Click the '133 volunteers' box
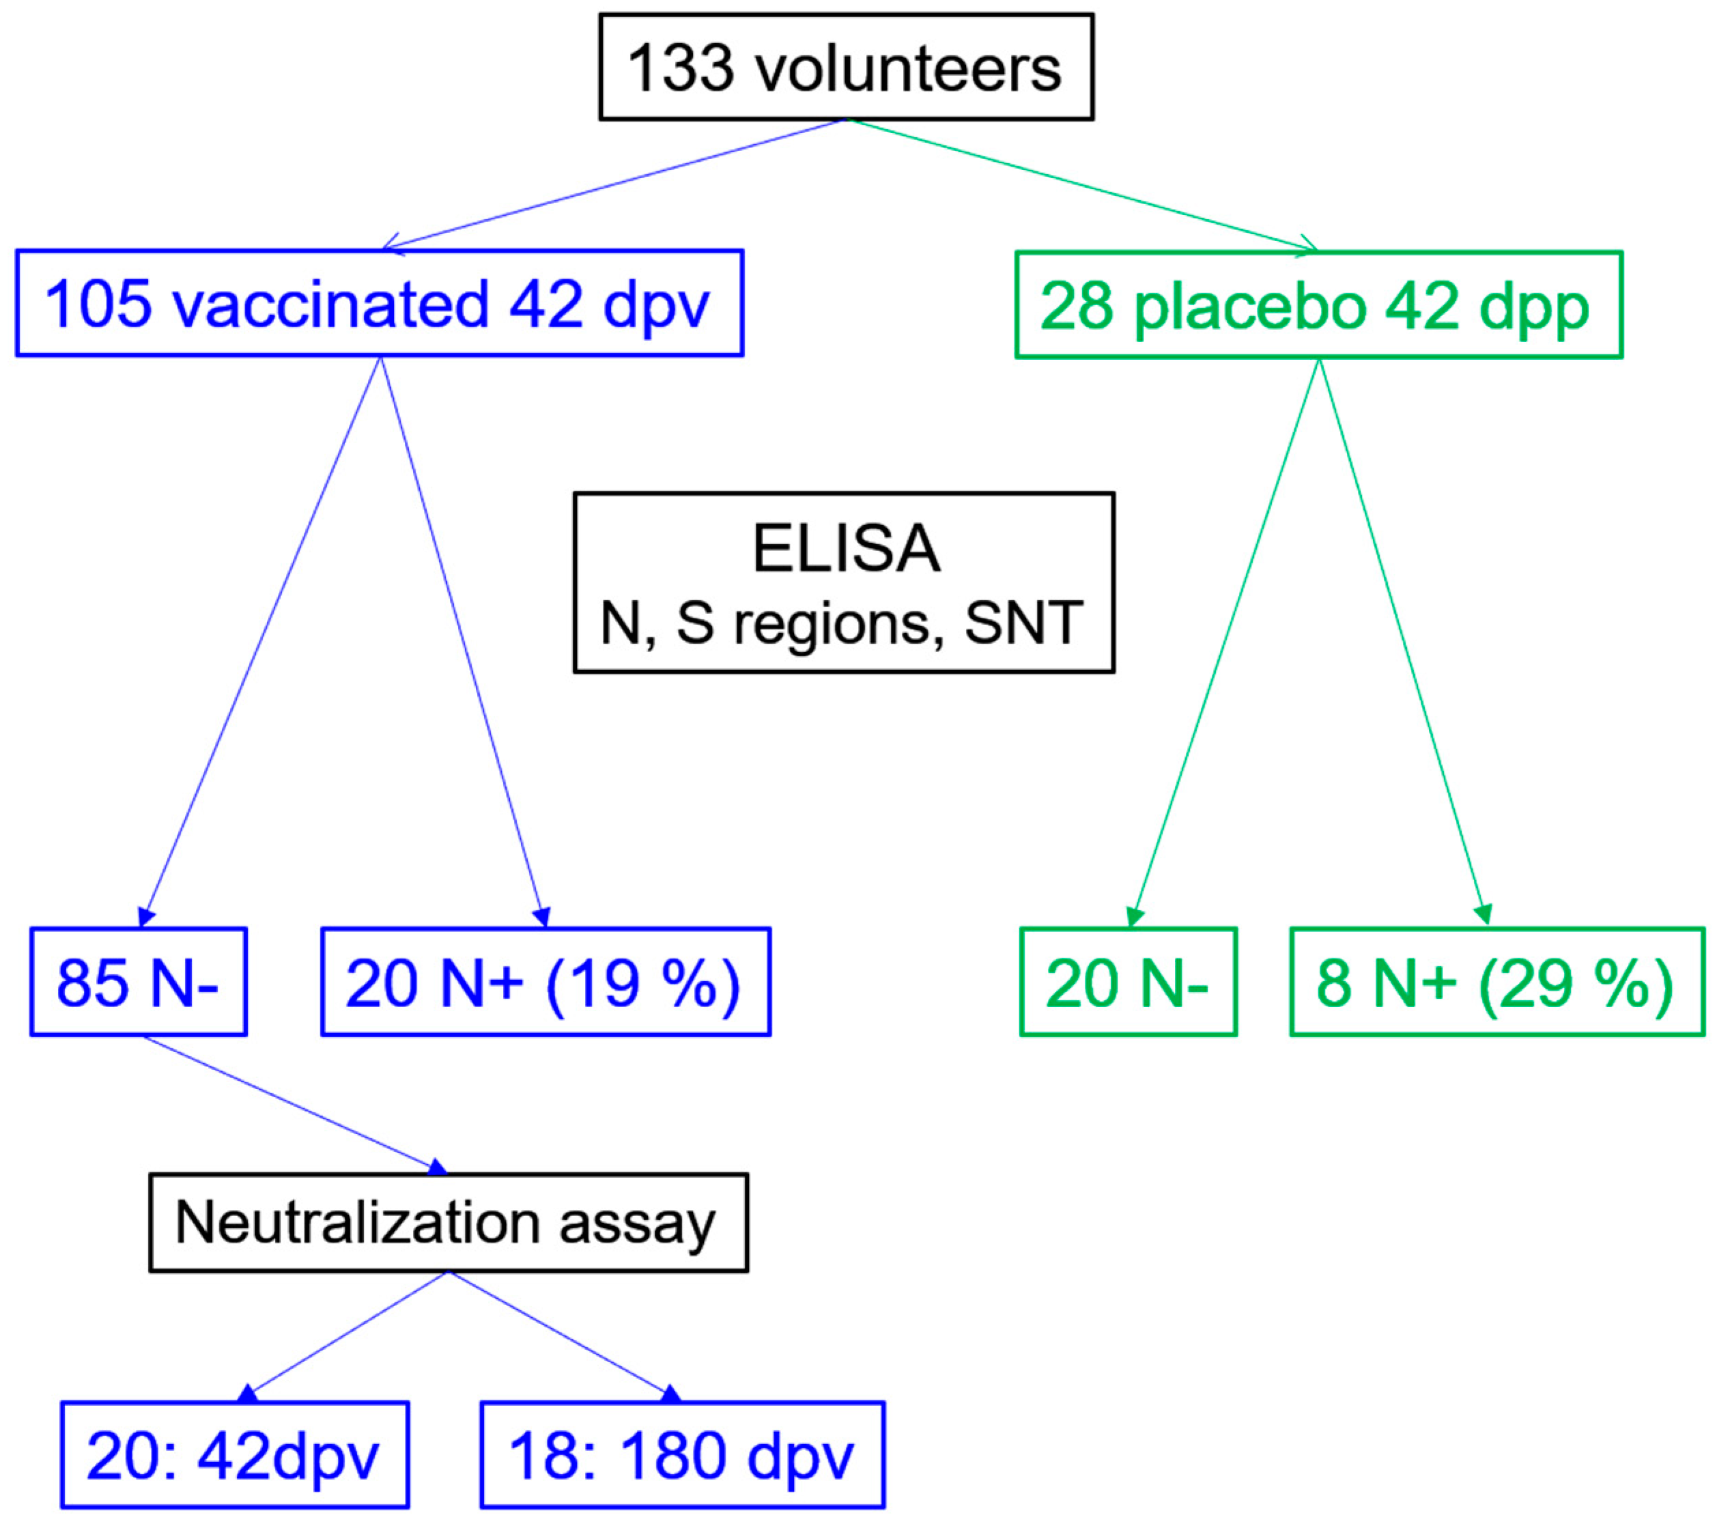(x=845, y=68)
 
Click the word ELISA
(x=845, y=548)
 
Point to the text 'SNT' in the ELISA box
(x=1023, y=623)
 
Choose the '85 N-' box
(x=138, y=982)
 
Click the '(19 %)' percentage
(x=643, y=983)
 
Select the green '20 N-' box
(x=1128, y=982)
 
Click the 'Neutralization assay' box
(x=449, y=1222)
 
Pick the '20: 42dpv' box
(x=235, y=1456)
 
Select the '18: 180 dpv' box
(x=682, y=1456)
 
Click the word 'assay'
(x=637, y=1224)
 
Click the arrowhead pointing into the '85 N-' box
(x=145, y=917)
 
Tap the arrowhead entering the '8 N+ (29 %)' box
(x=1484, y=914)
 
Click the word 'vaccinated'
(x=330, y=304)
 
